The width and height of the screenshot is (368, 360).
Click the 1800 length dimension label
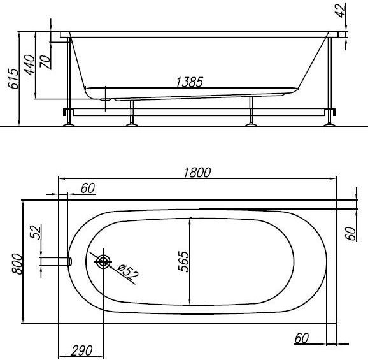[x=197, y=173]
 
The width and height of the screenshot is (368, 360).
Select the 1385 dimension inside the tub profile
[x=189, y=82]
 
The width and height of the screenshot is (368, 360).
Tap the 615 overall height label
[x=13, y=79]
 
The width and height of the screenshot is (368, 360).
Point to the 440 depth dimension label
[x=30, y=65]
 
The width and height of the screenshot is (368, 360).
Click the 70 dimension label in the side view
[x=45, y=62]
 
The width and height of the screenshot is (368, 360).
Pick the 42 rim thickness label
[x=341, y=11]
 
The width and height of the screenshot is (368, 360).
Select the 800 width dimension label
[x=17, y=264]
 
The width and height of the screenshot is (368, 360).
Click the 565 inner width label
[x=183, y=262]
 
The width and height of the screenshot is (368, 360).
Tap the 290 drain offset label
[x=81, y=351]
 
